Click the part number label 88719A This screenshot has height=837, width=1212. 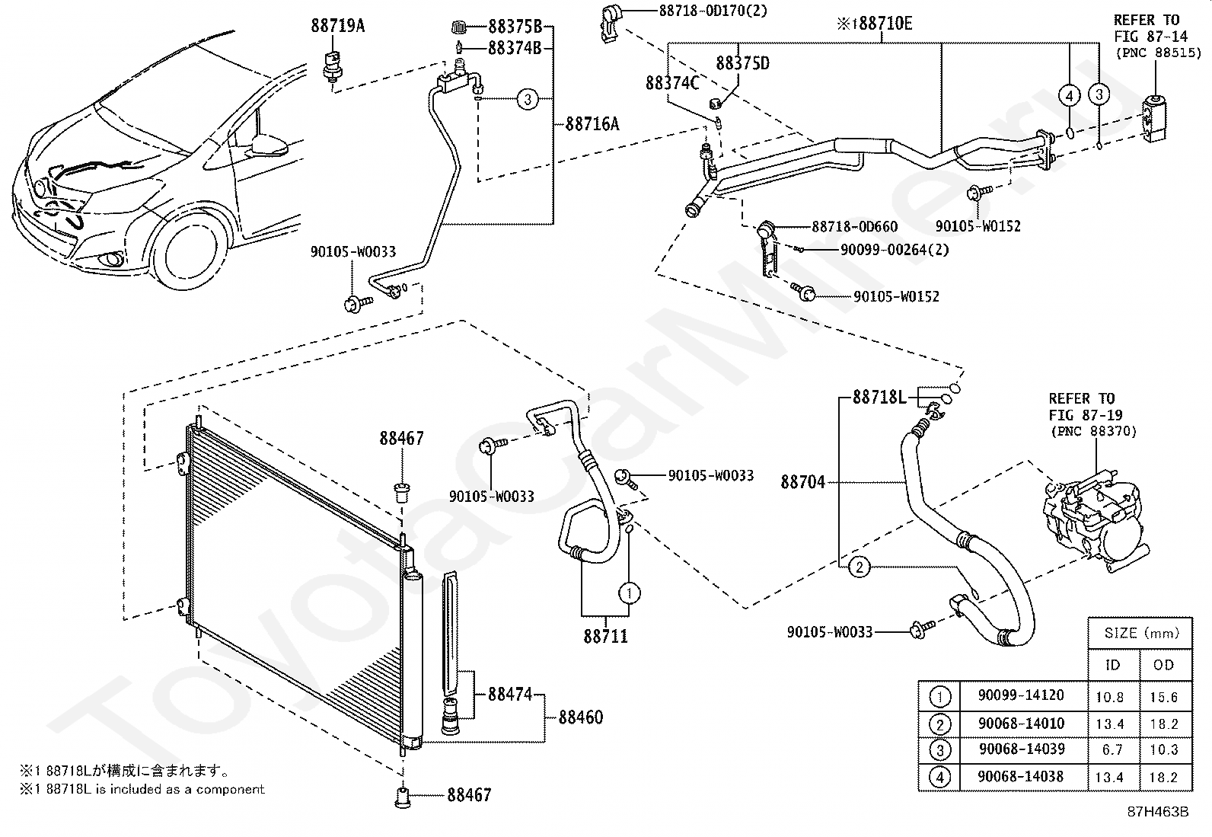click(x=337, y=25)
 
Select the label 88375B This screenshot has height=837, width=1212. click(x=515, y=26)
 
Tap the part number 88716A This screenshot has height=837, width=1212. click(x=592, y=124)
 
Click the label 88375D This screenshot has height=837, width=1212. click(x=743, y=63)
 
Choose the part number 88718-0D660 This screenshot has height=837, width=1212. click(x=855, y=226)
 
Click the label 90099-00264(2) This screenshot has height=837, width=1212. click(x=895, y=250)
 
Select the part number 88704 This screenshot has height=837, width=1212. click(x=803, y=482)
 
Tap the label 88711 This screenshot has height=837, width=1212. click(x=605, y=636)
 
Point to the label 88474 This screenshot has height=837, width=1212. click(x=510, y=694)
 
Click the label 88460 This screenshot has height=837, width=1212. click(x=581, y=717)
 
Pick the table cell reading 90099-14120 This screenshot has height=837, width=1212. click(x=1021, y=695)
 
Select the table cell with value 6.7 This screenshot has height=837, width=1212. click(x=1112, y=750)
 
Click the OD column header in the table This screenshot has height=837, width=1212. click(x=1164, y=665)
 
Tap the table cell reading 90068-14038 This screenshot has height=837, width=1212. click(x=1020, y=776)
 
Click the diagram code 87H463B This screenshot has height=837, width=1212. click(x=1158, y=812)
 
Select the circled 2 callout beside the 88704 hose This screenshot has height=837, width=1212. click(x=860, y=567)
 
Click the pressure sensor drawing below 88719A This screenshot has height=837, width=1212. click(x=332, y=66)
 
